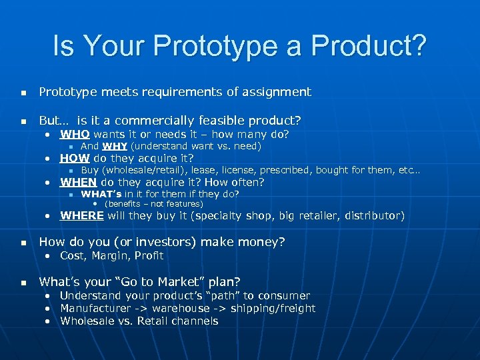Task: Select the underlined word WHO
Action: [x=75, y=134]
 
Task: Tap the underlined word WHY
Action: [x=115, y=146]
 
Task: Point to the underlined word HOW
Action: [x=75, y=158]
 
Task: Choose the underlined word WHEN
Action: [x=79, y=182]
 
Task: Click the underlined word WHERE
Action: [x=82, y=215]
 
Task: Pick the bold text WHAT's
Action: [x=101, y=194]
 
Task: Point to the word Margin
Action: [x=109, y=255]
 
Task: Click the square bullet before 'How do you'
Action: [x=23, y=242]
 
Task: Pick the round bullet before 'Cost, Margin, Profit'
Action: [x=49, y=256]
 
